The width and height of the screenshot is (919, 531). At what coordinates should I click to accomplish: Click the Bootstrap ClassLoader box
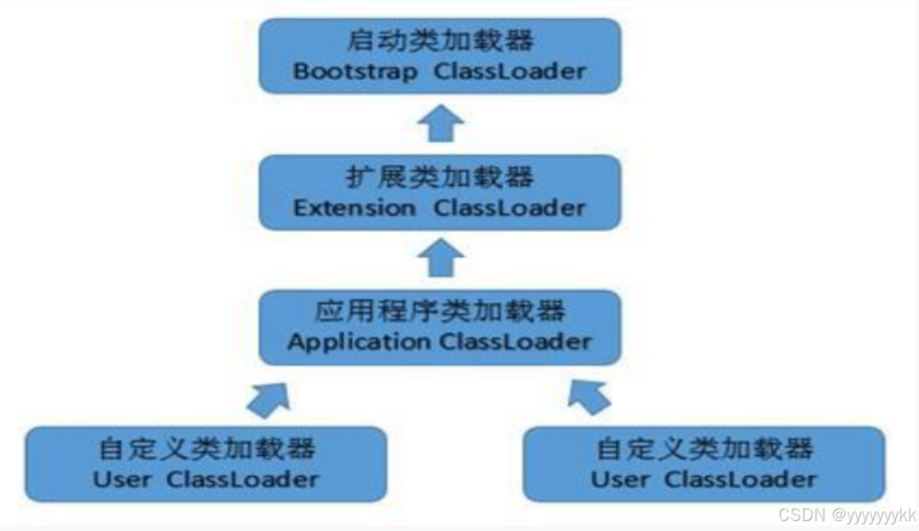pyautogui.click(x=439, y=55)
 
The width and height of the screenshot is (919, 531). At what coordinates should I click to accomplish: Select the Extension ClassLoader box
pyautogui.click(x=439, y=192)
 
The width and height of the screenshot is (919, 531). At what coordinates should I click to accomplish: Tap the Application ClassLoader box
pyautogui.click(x=439, y=326)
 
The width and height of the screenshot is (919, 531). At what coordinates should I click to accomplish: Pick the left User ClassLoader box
pyautogui.click(x=205, y=464)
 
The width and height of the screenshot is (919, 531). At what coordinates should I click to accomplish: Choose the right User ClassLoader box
pyautogui.click(x=703, y=464)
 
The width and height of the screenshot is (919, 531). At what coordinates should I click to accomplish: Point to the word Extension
pyautogui.click(x=355, y=207)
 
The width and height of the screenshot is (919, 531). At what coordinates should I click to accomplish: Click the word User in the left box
pyautogui.click(x=123, y=478)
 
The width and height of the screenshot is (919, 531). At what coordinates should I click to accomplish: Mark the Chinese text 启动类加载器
pyautogui.click(x=439, y=40)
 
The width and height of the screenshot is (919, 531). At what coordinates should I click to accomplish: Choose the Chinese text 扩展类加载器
pyautogui.click(x=439, y=177)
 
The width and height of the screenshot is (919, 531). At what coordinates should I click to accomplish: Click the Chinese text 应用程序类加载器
pyautogui.click(x=439, y=312)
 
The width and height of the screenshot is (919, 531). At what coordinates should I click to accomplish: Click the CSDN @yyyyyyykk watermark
pyautogui.click(x=847, y=515)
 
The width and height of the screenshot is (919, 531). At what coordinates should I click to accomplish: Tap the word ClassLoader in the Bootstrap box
pyautogui.click(x=510, y=71)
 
